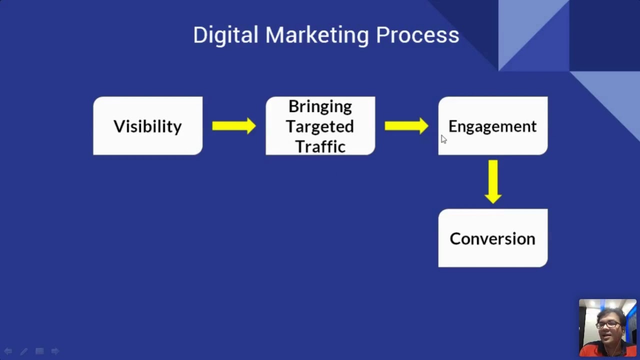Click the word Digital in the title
tap(225, 35)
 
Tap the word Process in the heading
tap(417, 35)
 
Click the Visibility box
tap(147, 126)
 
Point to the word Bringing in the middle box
tap(320, 106)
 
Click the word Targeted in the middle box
tap(320, 126)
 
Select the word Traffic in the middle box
tap(320, 146)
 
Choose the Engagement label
tap(492, 126)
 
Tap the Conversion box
tap(492, 238)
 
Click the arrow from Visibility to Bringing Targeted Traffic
tap(233, 126)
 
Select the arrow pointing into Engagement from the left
tap(406, 126)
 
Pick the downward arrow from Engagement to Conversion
tap(493, 181)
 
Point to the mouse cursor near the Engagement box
tap(443, 139)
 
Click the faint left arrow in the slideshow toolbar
tap(8, 351)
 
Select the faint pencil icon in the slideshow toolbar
tap(23, 351)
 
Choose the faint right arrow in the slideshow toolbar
tap(55, 351)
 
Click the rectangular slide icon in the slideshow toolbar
tap(39, 351)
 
